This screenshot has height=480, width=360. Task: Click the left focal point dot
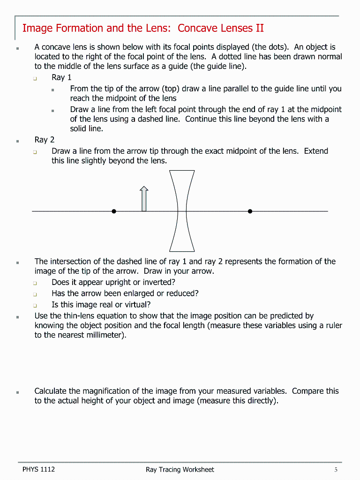coord(114,211)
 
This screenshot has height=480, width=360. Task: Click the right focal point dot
coord(250,211)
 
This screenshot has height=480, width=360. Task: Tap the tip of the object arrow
coord(144,187)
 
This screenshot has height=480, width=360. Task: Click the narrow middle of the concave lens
coord(182,211)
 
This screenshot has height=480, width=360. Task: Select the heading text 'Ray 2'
coord(45,140)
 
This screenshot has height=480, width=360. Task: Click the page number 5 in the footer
coord(336,469)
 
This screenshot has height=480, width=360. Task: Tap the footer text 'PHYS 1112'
coord(38,469)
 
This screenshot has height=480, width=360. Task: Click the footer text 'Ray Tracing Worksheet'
coord(180,469)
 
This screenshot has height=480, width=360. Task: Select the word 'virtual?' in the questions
coord(135,305)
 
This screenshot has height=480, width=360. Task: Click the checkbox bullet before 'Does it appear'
coord(35,283)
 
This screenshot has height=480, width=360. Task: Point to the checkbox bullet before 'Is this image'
coord(35,305)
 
